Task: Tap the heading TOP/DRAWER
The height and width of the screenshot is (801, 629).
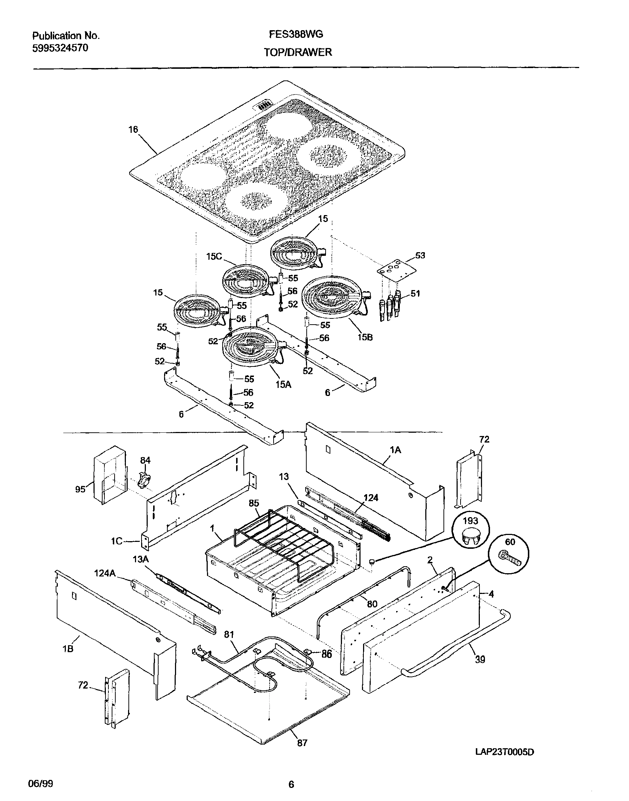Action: (298, 52)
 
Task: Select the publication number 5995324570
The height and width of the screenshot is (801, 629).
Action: (60, 48)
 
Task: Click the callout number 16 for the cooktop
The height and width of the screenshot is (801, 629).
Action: (133, 129)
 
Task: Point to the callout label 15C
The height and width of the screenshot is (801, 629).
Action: (214, 256)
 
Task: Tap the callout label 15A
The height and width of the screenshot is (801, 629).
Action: (283, 384)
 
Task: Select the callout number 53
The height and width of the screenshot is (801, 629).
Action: (420, 255)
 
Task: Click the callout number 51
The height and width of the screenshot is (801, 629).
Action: (415, 293)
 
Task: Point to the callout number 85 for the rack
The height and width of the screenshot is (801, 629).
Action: (254, 503)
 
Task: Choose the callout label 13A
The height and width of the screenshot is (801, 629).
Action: (141, 559)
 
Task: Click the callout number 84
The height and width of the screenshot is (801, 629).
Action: (145, 460)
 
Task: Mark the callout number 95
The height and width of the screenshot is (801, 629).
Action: (80, 489)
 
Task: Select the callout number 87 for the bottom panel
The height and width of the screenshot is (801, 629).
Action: (302, 743)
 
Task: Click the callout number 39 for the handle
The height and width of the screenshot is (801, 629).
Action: (480, 659)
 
